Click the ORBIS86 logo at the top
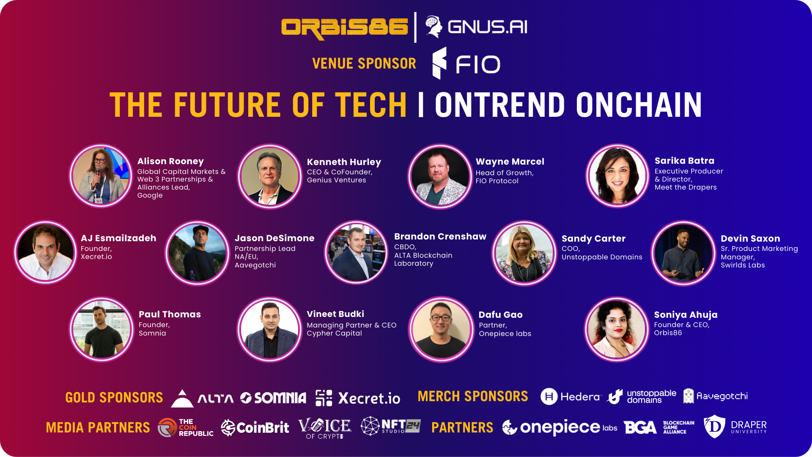(345, 28)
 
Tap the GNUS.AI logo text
(488, 28)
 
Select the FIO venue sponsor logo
(466, 63)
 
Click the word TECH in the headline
(371, 105)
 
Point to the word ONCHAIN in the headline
(639, 105)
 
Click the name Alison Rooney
(170, 161)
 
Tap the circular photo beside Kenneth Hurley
(270, 176)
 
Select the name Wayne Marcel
(510, 162)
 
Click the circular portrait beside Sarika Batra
(617, 176)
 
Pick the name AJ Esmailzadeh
(118, 238)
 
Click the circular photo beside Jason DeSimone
(197, 253)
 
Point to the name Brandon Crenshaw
(440, 237)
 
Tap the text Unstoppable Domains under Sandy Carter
(602, 257)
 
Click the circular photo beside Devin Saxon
(683, 253)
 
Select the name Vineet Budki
(335, 314)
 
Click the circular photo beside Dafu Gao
(441, 329)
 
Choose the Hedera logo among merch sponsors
(570, 396)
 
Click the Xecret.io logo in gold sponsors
(358, 398)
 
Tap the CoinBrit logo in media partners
(255, 427)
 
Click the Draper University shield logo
(714, 427)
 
